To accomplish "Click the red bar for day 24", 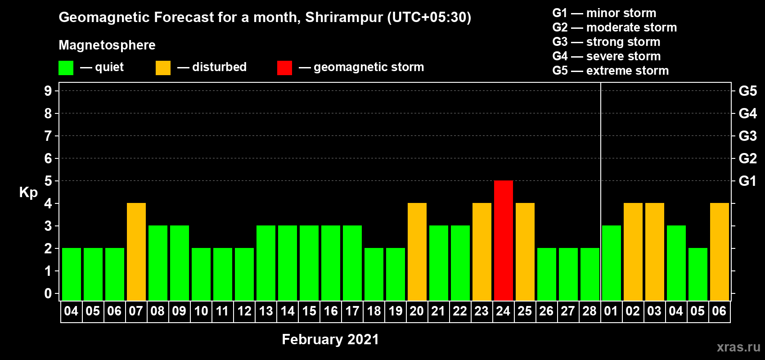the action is pyautogui.click(x=504, y=240).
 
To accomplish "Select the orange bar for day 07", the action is pyautogui.click(x=136, y=252).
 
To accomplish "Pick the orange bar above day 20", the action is pyautogui.click(x=417, y=252).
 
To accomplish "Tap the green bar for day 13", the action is pyautogui.click(x=265, y=263).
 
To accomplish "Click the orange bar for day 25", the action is pyautogui.click(x=525, y=252).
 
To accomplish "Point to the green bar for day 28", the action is pyautogui.click(x=590, y=274).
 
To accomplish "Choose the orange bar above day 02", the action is pyautogui.click(x=633, y=252).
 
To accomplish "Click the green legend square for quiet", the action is pyautogui.click(x=66, y=67).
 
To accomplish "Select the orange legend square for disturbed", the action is pyautogui.click(x=163, y=67).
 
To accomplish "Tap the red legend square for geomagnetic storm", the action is pyautogui.click(x=284, y=67).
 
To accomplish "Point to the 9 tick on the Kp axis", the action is pyautogui.click(x=48, y=91).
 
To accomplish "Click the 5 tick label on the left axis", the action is pyautogui.click(x=48, y=181).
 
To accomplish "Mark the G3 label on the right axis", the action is pyautogui.click(x=747, y=136).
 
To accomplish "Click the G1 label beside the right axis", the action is pyautogui.click(x=747, y=181).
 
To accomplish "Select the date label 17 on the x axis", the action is pyautogui.click(x=352, y=311).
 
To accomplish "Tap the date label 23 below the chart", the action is pyautogui.click(x=481, y=311).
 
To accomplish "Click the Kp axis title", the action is pyautogui.click(x=28, y=193).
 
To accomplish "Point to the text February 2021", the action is pyautogui.click(x=331, y=339).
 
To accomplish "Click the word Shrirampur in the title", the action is pyautogui.click(x=344, y=18).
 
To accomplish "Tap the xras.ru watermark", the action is pyautogui.click(x=738, y=347).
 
